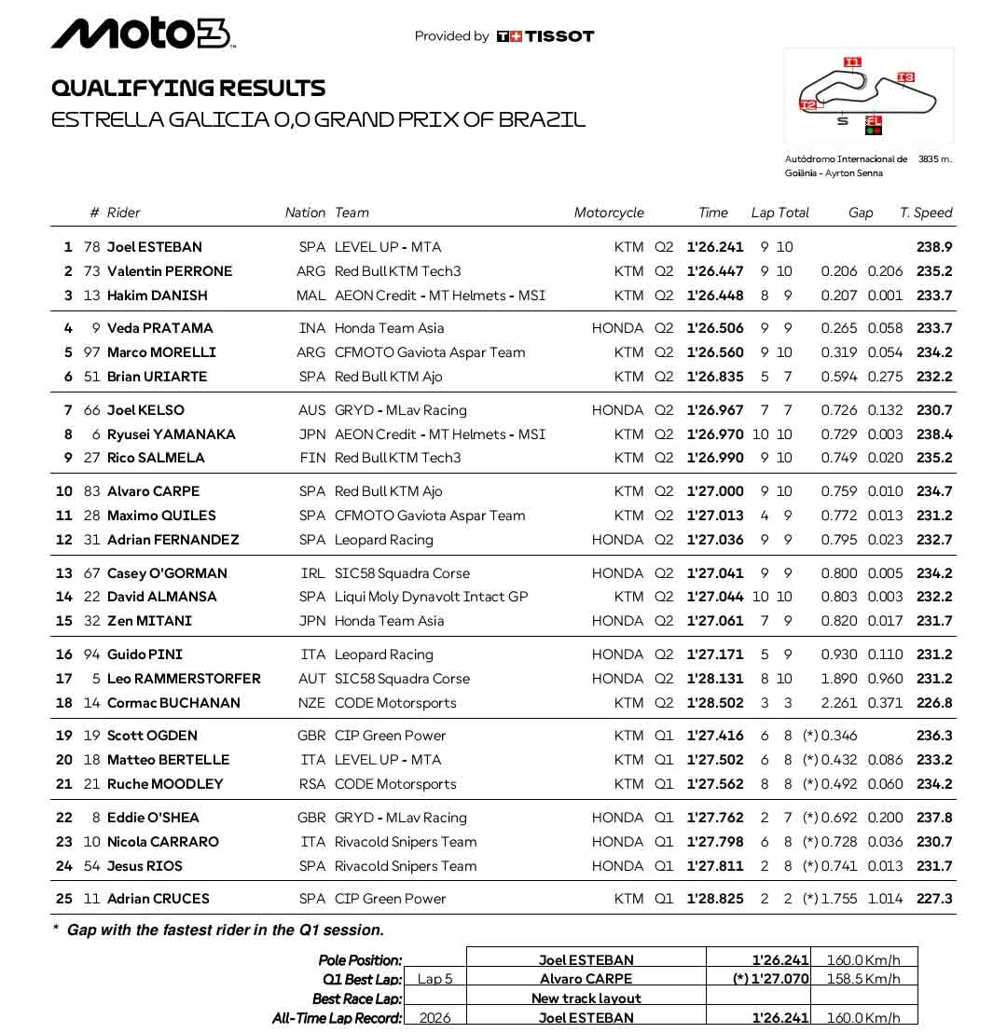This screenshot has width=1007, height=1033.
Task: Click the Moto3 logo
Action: pyautogui.click(x=142, y=34)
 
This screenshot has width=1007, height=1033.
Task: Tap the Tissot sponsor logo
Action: pyautogui.click(x=545, y=36)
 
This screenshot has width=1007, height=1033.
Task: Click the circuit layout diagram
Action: pyautogui.click(x=869, y=95)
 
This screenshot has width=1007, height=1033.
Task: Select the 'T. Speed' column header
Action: pyautogui.click(x=926, y=213)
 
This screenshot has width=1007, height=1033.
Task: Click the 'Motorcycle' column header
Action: pyautogui.click(x=609, y=213)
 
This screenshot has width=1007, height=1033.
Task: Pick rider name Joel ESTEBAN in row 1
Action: pyautogui.click(x=155, y=247)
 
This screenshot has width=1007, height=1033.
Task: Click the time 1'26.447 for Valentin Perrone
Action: pyautogui.click(x=715, y=271)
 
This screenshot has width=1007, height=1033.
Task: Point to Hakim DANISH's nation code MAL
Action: pyautogui.click(x=311, y=296)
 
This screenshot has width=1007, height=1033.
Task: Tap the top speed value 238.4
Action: pyautogui.click(x=934, y=434)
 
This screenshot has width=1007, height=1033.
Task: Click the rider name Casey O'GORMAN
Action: pyautogui.click(x=167, y=573)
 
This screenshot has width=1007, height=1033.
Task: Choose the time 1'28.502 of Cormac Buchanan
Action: pyautogui.click(x=715, y=703)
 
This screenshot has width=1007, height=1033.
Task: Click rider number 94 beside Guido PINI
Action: pyautogui.click(x=91, y=654)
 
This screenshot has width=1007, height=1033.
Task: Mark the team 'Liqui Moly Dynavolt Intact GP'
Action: pyautogui.click(x=431, y=597)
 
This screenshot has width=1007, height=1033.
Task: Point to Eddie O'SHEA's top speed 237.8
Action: pyautogui.click(x=934, y=818)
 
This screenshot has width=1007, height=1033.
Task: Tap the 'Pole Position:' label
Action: pyautogui.click(x=360, y=960)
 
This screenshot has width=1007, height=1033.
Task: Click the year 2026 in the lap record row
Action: pyautogui.click(x=435, y=1018)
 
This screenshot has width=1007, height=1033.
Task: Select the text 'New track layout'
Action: pyautogui.click(x=586, y=999)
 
